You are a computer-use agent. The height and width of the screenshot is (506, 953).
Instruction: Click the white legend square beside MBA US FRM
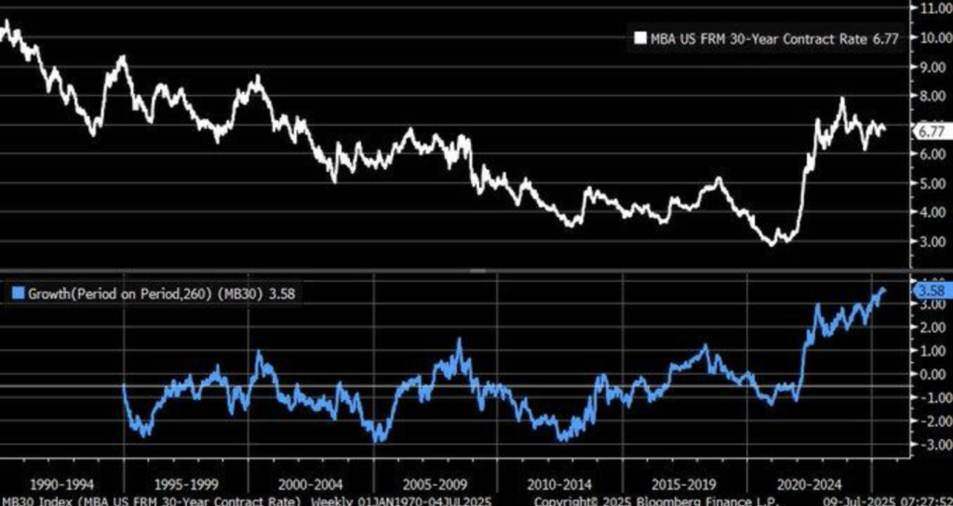(639, 38)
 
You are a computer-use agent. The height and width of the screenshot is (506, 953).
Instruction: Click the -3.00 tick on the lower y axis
(932, 445)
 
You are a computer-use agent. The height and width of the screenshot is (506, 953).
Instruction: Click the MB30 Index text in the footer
(37, 500)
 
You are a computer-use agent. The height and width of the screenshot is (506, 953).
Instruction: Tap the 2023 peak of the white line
(842, 99)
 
